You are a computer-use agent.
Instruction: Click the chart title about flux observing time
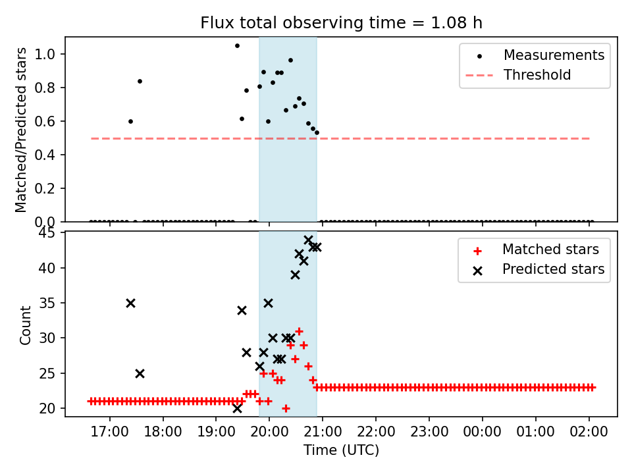(341, 23)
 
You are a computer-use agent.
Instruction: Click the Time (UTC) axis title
(341, 451)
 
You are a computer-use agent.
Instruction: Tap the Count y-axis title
(26, 325)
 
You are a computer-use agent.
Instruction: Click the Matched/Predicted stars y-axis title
(21, 130)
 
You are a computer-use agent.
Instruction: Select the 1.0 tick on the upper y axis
(50, 54)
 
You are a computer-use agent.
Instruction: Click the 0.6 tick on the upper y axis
(50, 121)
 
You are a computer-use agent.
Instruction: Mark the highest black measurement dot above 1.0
(237, 45)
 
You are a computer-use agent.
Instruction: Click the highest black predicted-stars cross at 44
(308, 240)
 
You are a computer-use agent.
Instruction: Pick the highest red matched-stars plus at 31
(299, 331)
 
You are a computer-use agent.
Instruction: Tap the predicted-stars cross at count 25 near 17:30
(140, 373)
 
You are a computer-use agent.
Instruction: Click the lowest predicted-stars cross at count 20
(237, 408)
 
